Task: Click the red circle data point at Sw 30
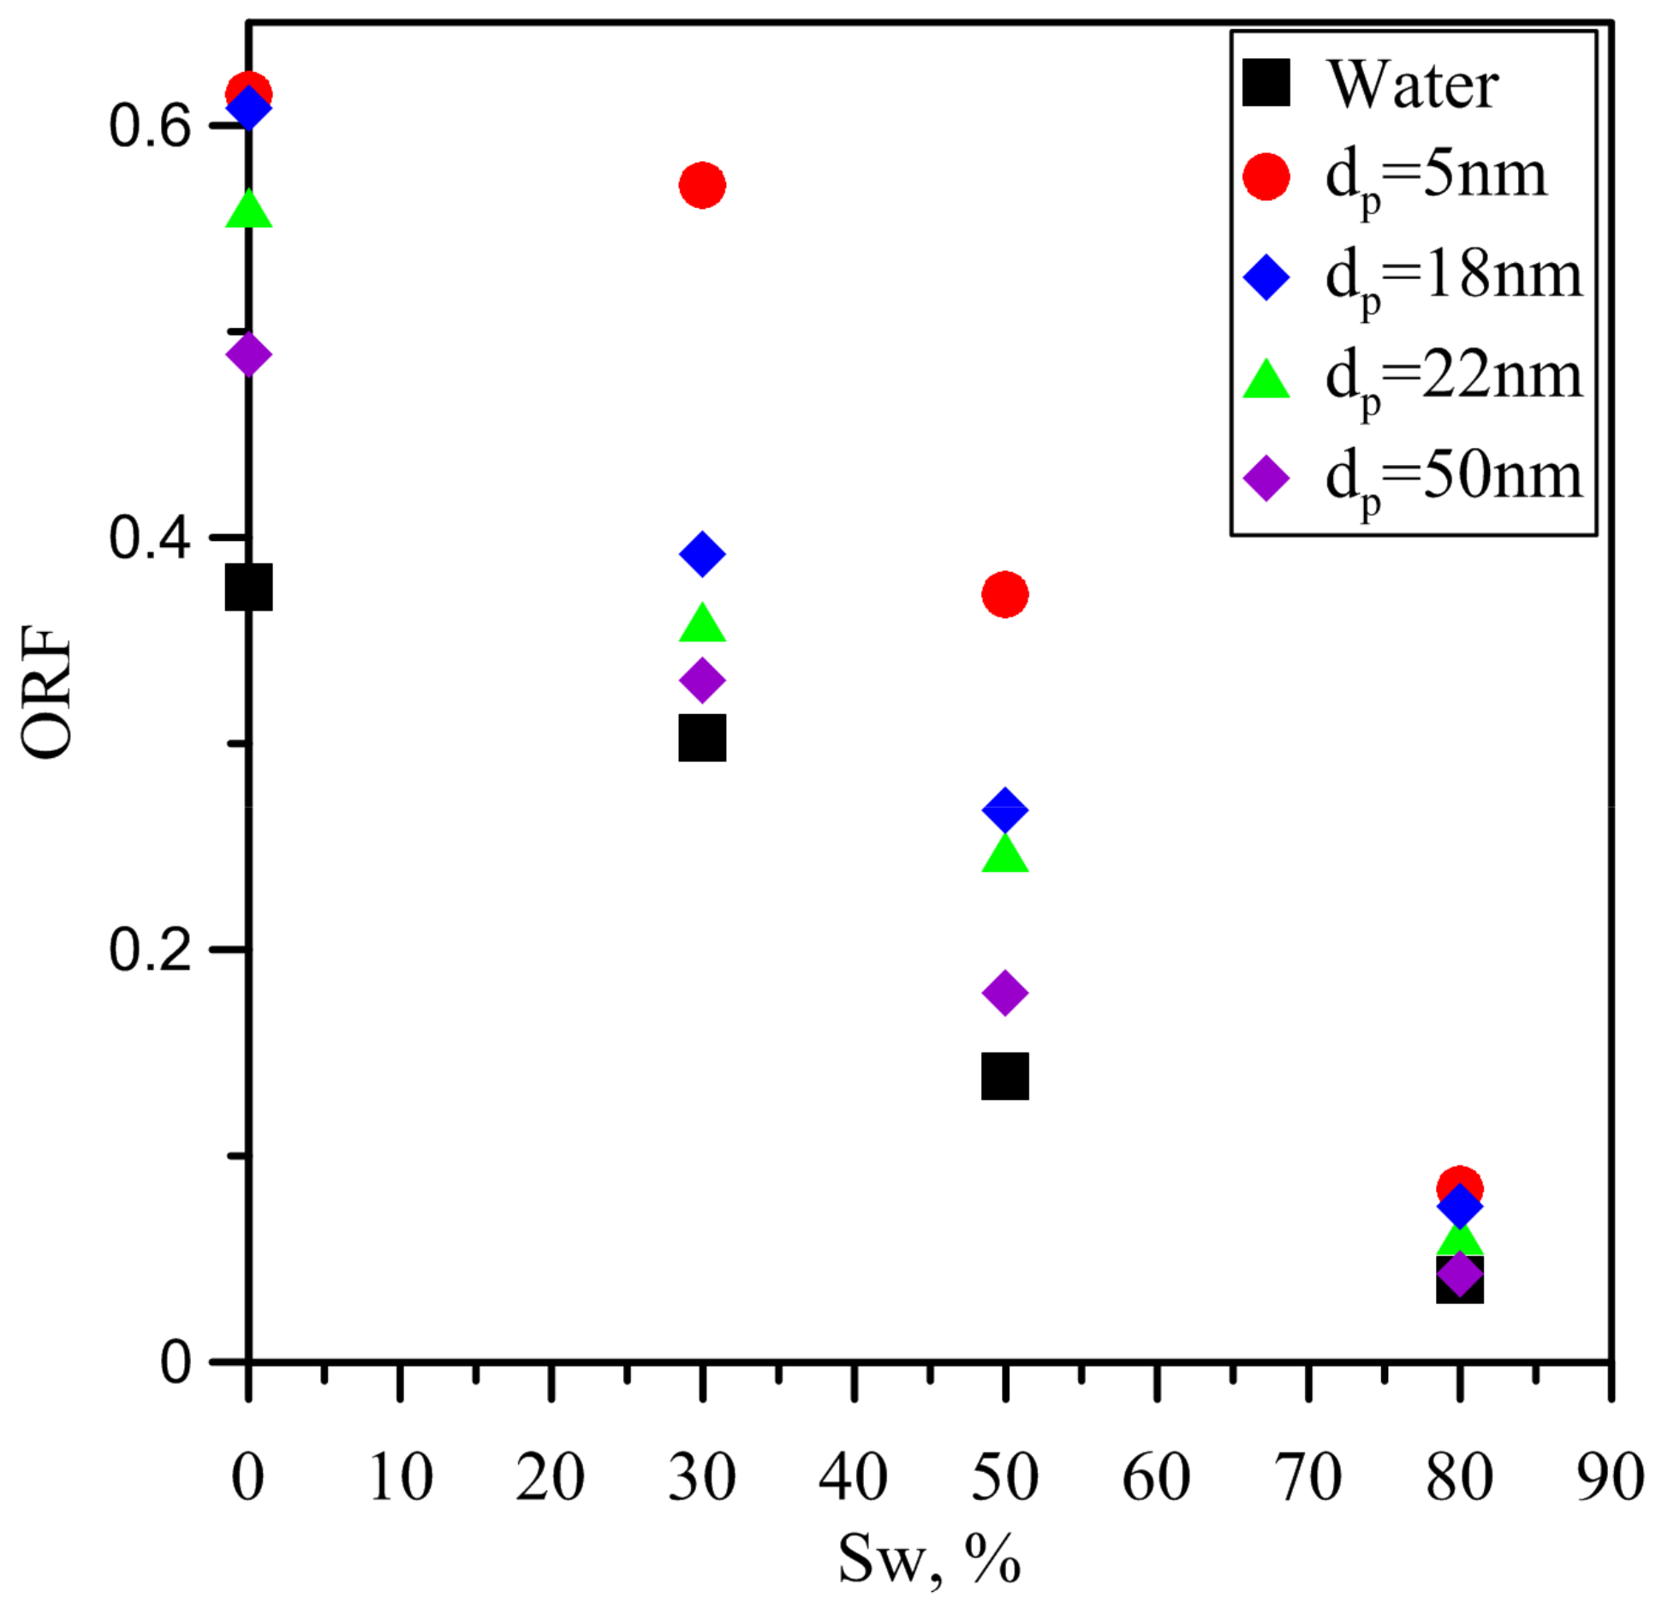tap(702, 185)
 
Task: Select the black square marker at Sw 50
tap(1004, 1076)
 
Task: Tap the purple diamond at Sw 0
tap(248, 354)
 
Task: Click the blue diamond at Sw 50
tap(1004, 809)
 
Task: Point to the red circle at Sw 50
tap(1004, 593)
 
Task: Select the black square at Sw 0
tap(248, 587)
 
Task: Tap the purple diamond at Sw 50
tap(1004, 992)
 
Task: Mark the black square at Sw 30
tap(702, 738)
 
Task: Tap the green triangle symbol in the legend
tap(1266, 380)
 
